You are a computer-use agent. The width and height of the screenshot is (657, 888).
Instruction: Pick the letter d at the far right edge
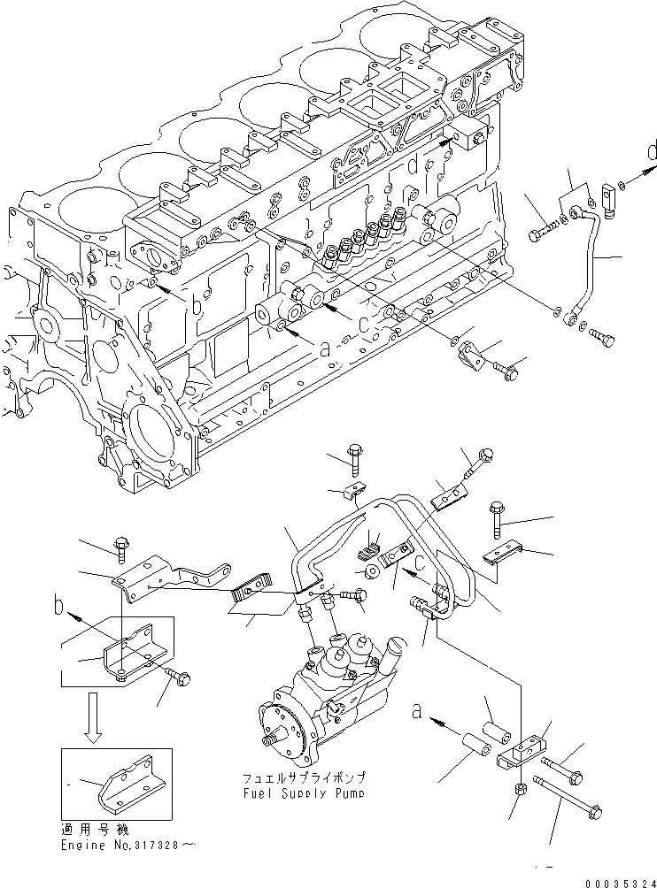(x=651, y=152)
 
